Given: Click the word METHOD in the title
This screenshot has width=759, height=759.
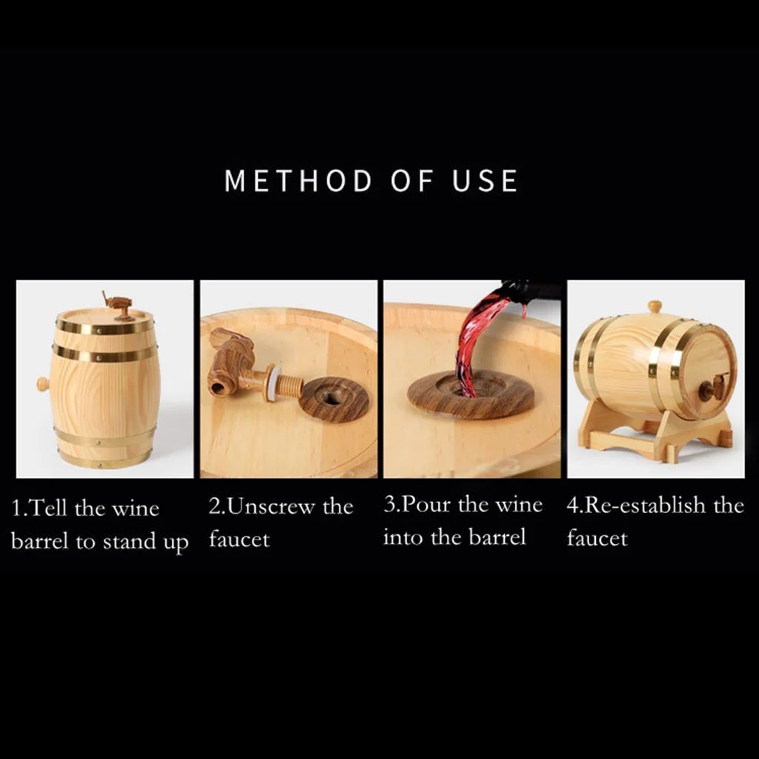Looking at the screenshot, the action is coord(298,181).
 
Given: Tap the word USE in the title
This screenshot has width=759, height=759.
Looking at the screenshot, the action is coord(485,181).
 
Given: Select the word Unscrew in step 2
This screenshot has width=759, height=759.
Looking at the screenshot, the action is coord(271,506).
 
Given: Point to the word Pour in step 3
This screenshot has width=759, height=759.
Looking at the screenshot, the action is coord(425,504).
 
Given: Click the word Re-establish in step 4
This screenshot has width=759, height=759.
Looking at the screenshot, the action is coord(646,505).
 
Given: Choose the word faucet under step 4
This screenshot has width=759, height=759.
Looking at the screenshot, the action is coord(597,538).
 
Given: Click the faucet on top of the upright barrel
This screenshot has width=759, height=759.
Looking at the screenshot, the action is coord(117,305).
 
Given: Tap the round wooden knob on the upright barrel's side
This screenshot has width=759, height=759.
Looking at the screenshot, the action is coord(43,385).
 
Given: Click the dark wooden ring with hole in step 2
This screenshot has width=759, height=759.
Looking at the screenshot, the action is coord(334,399).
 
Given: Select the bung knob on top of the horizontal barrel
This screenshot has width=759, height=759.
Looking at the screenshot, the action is coord(654,307).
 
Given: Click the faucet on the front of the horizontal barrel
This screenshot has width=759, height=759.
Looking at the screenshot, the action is coord(715,387).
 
